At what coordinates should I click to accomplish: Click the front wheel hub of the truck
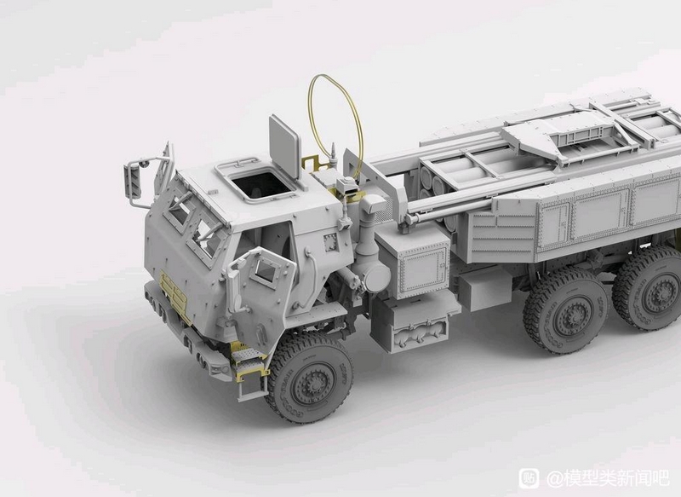point(312,384)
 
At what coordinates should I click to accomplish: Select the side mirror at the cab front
point(133,182)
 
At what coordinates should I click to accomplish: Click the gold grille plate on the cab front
point(175,296)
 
